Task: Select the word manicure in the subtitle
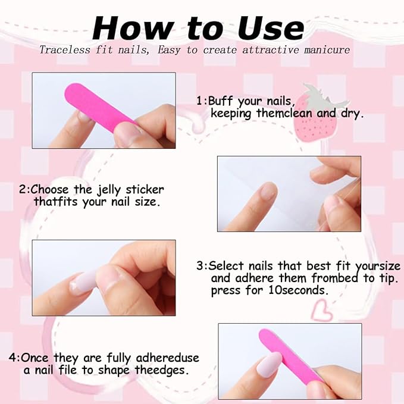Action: [324, 50]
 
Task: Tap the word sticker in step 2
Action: [143, 190]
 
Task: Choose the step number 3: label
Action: [202, 266]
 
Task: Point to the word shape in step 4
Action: [121, 370]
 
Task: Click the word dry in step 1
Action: [350, 113]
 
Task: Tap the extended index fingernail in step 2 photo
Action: [268, 190]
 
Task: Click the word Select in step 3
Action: [226, 266]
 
